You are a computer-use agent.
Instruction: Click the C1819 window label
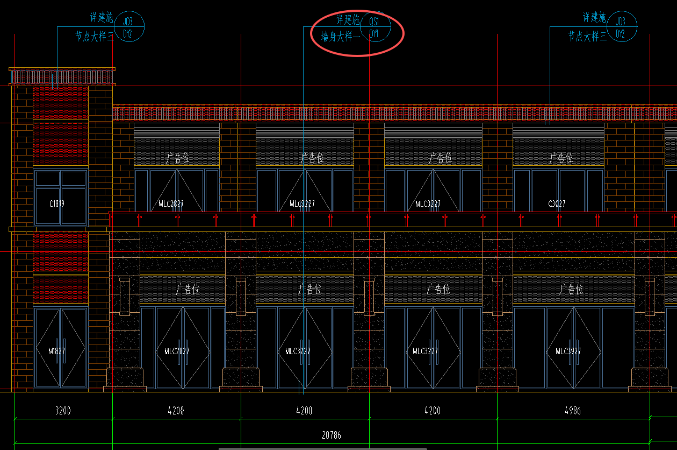[57, 204]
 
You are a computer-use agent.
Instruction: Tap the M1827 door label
[56, 351]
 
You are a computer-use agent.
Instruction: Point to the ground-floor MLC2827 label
[173, 351]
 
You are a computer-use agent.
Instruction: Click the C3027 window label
[557, 204]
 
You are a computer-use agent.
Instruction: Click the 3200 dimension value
[63, 411]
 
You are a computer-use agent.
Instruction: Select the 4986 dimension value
[573, 411]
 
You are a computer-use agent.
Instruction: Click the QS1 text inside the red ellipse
[374, 22]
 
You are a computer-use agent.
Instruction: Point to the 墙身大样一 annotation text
[341, 37]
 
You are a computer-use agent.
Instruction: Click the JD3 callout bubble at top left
[127, 22]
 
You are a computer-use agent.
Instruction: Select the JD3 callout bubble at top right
[621, 22]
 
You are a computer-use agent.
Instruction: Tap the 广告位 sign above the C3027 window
[561, 158]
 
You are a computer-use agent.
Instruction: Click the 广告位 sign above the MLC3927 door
[571, 290]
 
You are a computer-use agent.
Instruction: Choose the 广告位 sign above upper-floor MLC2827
[177, 158]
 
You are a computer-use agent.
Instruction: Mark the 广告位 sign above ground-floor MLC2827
[188, 290]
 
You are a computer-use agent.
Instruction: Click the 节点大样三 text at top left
[94, 36]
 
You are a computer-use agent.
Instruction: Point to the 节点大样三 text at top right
[587, 36]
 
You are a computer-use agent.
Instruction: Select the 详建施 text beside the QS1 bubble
[348, 20]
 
